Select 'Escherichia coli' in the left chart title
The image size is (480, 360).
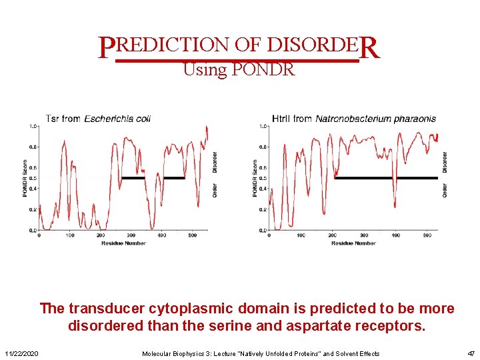pos(117,119)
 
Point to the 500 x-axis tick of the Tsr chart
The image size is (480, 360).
pos(192,236)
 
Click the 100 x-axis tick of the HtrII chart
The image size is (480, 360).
pos(301,236)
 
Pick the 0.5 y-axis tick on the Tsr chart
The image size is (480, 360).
pos(33,178)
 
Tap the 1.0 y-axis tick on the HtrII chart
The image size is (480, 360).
pos(263,126)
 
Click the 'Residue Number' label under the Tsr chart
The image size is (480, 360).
pos(123,243)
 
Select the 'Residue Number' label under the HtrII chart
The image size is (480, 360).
pos(353,243)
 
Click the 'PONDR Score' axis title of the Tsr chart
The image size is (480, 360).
pos(25,178)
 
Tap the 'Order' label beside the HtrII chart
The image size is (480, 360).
pos(445,191)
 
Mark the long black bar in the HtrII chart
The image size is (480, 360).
pos(385,178)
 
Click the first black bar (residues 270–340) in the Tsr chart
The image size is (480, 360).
pos(133,178)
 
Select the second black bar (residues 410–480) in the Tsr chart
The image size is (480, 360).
pos(174,178)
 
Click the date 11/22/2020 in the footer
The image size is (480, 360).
pos(21,353)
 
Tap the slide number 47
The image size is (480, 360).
pos(470,353)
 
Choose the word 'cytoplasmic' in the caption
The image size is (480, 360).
pos(185,309)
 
